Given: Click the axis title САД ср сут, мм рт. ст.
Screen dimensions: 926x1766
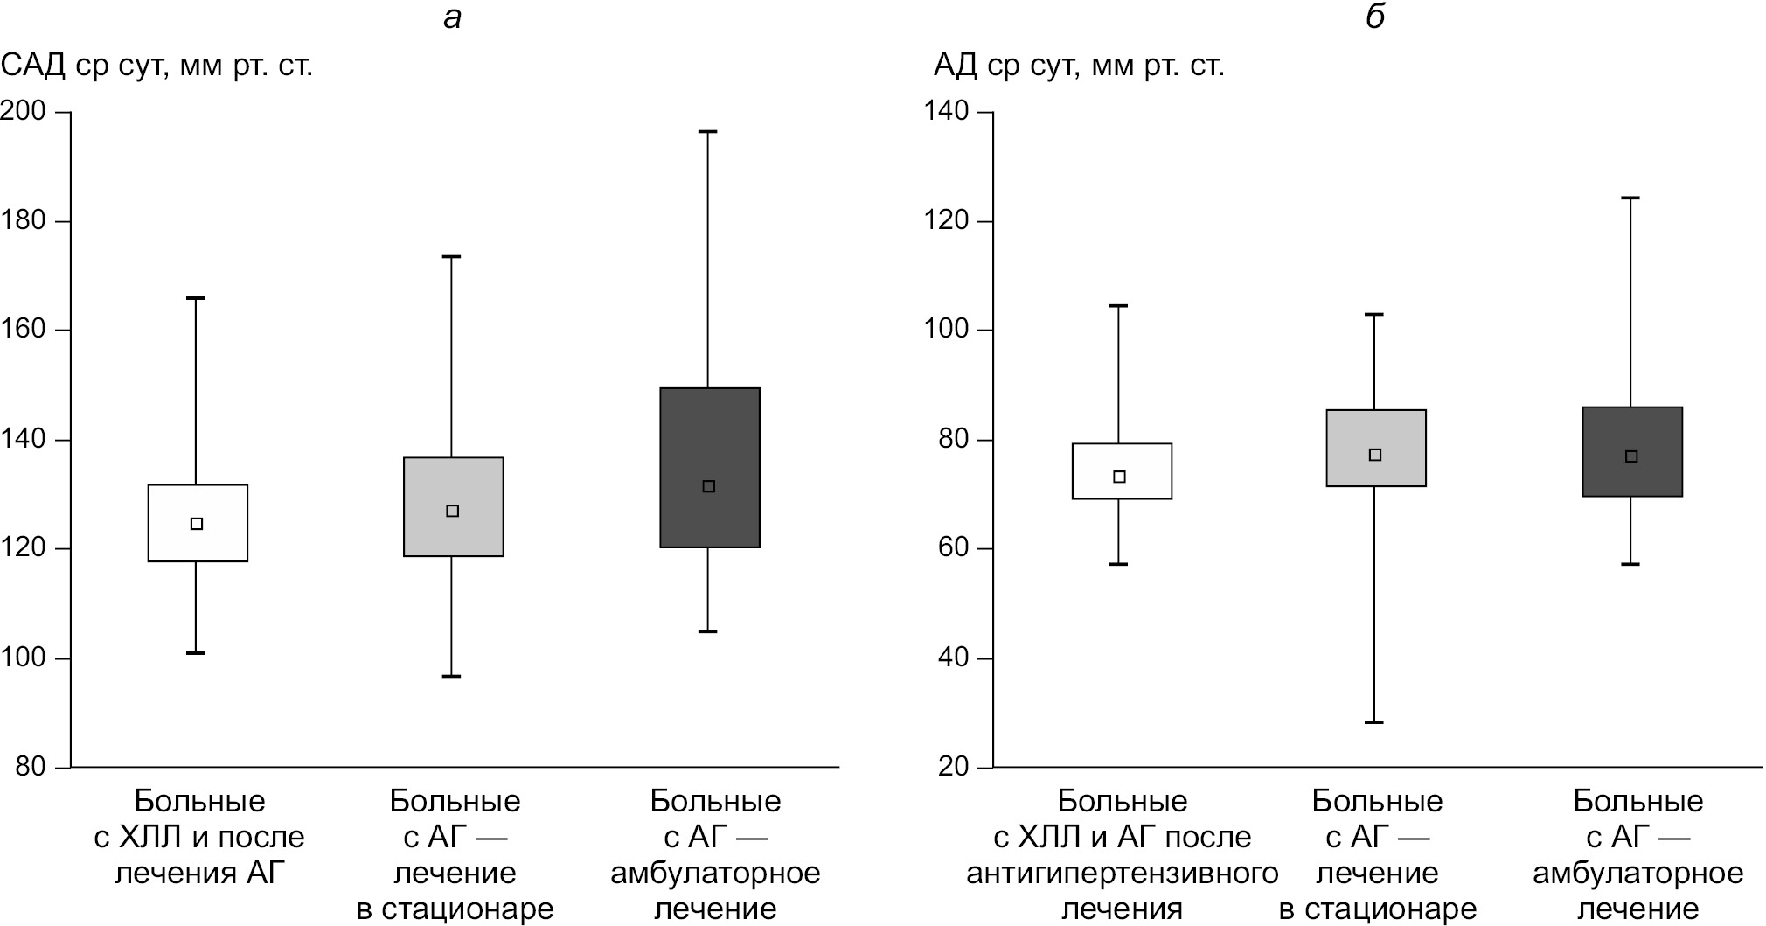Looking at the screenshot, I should point(157,66).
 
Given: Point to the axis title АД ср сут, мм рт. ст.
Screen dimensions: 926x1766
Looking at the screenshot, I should point(1079,66).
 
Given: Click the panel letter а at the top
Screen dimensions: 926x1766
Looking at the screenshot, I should point(452,17).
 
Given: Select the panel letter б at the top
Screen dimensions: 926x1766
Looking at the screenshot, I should point(1375,17).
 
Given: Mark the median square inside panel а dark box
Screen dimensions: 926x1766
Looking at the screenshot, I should point(709,486).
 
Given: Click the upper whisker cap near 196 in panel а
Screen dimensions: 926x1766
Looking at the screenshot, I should point(708,132).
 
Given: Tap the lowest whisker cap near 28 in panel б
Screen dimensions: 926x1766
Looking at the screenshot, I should point(1374,722).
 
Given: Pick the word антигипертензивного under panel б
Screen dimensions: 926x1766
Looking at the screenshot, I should point(1122,873).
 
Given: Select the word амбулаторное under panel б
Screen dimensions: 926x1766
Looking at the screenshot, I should point(1637,873).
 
